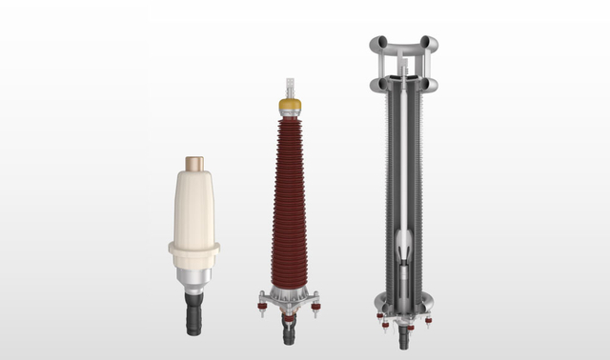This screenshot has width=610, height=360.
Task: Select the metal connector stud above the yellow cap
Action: click(x=290, y=87)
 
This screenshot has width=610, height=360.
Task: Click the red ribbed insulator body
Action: click(x=290, y=200)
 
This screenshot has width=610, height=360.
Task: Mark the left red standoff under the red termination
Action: click(x=263, y=307)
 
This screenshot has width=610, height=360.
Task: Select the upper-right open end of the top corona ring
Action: click(x=431, y=43)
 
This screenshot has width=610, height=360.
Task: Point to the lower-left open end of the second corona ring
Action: click(x=376, y=85)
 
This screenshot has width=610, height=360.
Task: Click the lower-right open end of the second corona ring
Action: click(x=431, y=85)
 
